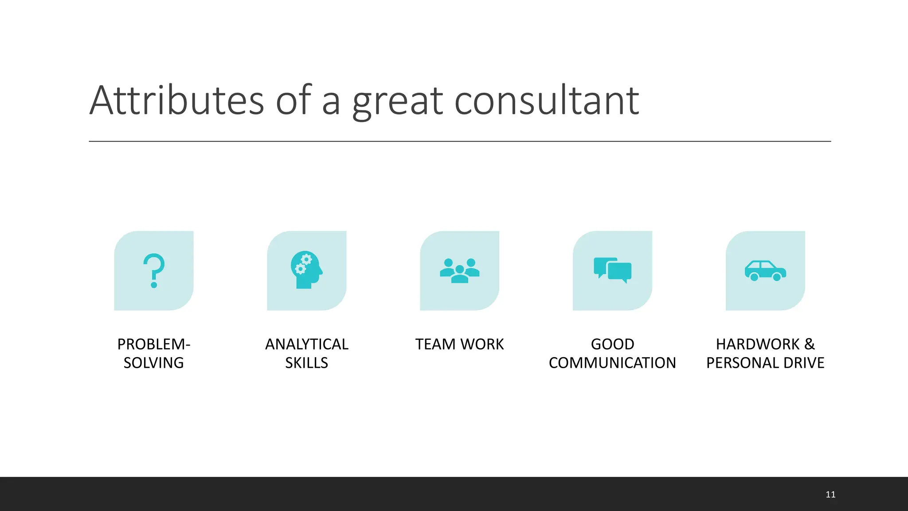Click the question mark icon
(154, 271)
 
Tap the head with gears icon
(306, 270)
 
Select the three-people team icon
(460, 271)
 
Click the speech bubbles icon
(612, 270)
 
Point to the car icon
(765, 271)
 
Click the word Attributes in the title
(177, 101)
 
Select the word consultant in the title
(547, 101)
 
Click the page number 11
(830, 495)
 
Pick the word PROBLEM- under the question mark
(154, 344)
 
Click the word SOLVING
(154, 363)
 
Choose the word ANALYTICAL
(307, 344)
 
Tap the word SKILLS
(307, 363)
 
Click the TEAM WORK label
(460, 344)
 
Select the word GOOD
(613, 344)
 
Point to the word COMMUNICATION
(612, 363)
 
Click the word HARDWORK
(758, 344)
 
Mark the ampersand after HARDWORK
(809, 344)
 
